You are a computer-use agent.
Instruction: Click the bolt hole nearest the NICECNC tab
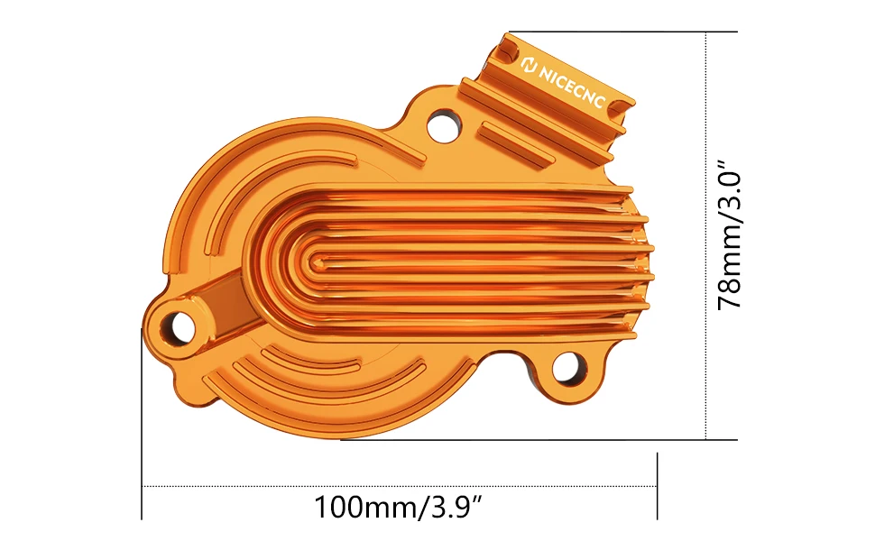(443, 125)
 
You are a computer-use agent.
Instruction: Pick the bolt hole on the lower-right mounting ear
(567, 367)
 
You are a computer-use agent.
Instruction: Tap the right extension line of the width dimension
(657, 487)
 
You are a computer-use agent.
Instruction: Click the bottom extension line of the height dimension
(541, 440)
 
